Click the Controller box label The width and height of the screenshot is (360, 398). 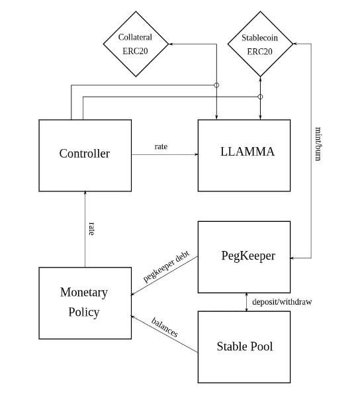pyautogui.click(x=85, y=154)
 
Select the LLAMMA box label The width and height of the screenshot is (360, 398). pyautogui.click(x=247, y=152)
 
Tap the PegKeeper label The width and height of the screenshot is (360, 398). pyautogui.click(x=248, y=256)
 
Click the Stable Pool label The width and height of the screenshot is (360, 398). pyautogui.click(x=245, y=346)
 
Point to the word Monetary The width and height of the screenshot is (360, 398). pyautogui.click(x=84, y=293)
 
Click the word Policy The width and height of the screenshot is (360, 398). pyautogui.click(x=84, y=312)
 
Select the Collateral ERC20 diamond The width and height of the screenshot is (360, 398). pyautogui.click(x=136, y=44)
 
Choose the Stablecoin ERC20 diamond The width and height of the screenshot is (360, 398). pyautogui.click(x=260, y=44)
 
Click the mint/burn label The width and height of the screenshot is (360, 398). pyautogui.click(x=318, y=144)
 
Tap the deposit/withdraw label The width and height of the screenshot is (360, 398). pyautogui.click(x=282, y=302)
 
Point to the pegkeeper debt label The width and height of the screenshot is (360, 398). pyautogui.click(x=166, y=266)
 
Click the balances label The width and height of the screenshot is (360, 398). pyautogui.click(x=165, y=327)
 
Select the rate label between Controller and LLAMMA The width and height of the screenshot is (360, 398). pyautogui.click(x=161, y=147)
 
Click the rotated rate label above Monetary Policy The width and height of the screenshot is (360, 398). pyautogui.click(x=91, y=228)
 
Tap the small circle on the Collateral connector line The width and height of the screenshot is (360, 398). pyautogui.click(x=216, y=85)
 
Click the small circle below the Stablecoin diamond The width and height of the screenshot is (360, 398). pyautogui.click(x=260, y=97)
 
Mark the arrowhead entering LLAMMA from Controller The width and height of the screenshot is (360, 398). pyautogui.click(x=196, y=154)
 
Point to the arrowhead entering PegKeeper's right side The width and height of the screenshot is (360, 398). pyautogui.click(x=292, y=258)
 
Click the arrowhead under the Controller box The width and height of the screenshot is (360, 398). pyautogui.click(x=85, y=193)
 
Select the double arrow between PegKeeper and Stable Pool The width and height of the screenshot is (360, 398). pyautogui.click(x=247, y=302)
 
